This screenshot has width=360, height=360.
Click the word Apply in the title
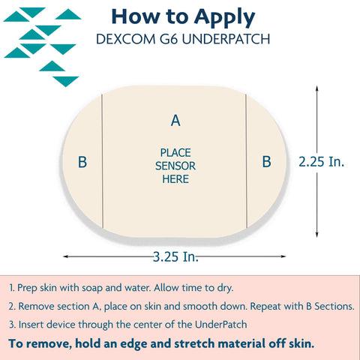(x=225, y=18)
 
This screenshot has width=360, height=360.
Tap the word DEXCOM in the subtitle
(x=125, y=39)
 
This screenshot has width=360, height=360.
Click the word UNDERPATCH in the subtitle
(x=226, y=39)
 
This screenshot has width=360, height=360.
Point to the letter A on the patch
(x=175, y=121)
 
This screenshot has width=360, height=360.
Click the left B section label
(x=82, y=162)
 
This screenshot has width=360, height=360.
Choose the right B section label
(x=266, y=161)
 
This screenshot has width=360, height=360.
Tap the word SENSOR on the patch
(x=175, y=166)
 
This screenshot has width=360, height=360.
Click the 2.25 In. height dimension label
(x=322, y=162)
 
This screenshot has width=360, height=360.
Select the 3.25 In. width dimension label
(x=175, y=256)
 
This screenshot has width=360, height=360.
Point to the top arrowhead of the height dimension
(x=316, y=88)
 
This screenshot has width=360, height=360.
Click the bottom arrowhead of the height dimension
(x=316, y=235)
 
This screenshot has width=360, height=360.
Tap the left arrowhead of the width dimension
(x=66, y=256)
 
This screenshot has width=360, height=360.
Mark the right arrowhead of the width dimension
(x=283, y=256)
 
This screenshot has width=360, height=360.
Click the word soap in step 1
(x=92, y=288)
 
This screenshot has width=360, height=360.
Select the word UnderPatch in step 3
(x=221, y=325)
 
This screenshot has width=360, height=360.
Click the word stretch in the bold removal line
(x=194, y=343)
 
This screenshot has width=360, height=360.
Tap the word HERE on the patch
(x=175, y=179)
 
